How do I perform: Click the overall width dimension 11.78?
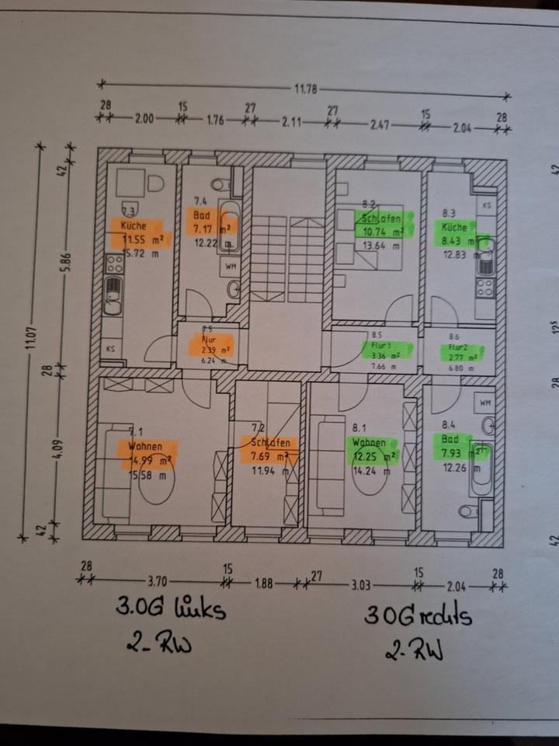pyautogui.click(x=305, y=89)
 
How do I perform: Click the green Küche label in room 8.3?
pyautogui.click(x=454, y=228)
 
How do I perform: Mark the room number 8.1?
pyautogui.click(x=359, y=427)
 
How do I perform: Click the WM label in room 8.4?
pyautogui.click(x=485, y=403)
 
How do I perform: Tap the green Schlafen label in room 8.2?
pyautogui.click(x=378, y=218)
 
